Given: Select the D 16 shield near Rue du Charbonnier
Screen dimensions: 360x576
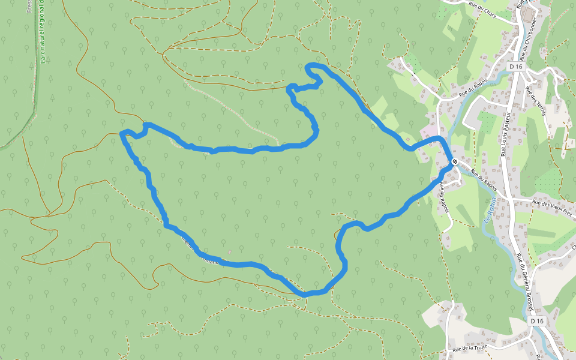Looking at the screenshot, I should click(515, 67).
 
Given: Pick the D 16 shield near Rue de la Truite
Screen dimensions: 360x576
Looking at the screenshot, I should click(536, 321).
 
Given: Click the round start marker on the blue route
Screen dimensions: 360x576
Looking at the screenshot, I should click(455, 161).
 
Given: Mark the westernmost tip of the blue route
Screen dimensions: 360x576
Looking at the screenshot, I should click(122, 133).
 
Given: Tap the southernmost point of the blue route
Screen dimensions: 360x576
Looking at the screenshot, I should click(305, 295).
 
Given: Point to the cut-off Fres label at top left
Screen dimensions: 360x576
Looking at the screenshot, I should click(29, 6).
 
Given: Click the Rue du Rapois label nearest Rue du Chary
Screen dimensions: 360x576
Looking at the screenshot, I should click(472, 89).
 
